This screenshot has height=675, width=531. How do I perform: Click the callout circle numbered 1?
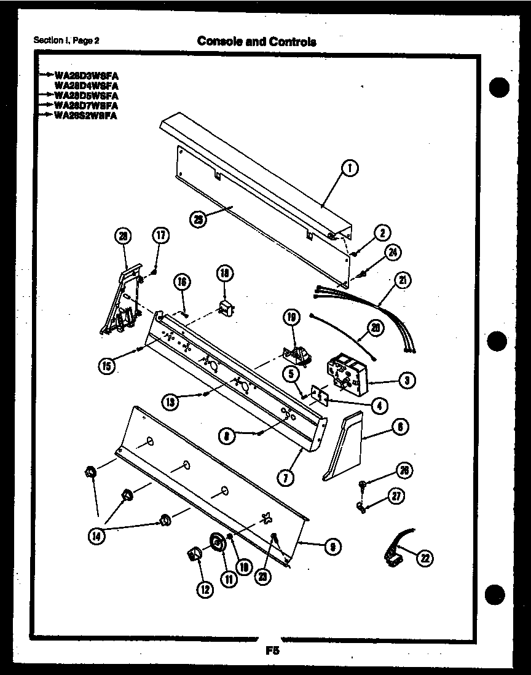350,167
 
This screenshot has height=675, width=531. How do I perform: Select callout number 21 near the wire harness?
403,281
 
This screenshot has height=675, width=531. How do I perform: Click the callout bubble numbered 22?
424,558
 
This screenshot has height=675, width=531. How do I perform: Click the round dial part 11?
217,542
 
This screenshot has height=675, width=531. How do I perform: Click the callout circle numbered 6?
401,426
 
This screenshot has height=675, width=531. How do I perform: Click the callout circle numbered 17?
160,235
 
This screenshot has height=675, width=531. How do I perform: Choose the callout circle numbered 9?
332,545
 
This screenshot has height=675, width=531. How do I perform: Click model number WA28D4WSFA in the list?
86,85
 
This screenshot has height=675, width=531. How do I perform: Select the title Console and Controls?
256,42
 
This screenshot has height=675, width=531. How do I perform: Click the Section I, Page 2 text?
66,41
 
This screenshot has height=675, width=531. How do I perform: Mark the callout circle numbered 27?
398,496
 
